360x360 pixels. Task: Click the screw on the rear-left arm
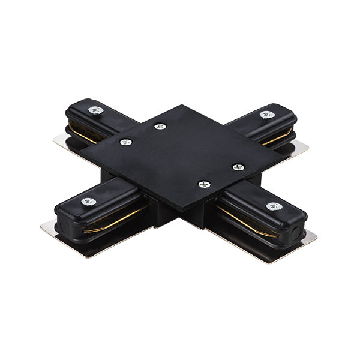tap(95, 110)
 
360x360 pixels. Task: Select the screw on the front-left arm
tap(89, 202)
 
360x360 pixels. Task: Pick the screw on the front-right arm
tap(274, 206)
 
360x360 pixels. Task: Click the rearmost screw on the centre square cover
tap(159, 127)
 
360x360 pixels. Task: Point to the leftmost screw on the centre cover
tap(125, 142)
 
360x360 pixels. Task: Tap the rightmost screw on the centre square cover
tap(238, 167)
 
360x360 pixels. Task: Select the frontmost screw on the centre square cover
tap(204, 184)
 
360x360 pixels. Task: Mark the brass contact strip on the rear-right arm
tap(277, 139)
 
